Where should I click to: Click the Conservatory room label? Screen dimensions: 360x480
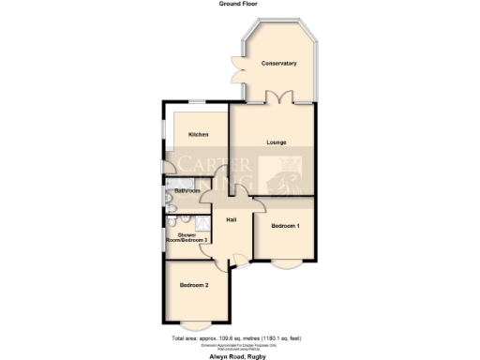pos(279,64)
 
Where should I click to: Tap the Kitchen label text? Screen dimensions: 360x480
pos(199,135)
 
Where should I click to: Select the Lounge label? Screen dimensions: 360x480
pos(276,142)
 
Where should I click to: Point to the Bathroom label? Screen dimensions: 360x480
pos(187,191)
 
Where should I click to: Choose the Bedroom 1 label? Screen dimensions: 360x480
pos(285,226)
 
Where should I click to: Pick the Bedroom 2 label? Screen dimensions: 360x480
pos(194,284)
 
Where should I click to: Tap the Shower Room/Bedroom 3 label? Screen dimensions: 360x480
pos(186,238)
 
